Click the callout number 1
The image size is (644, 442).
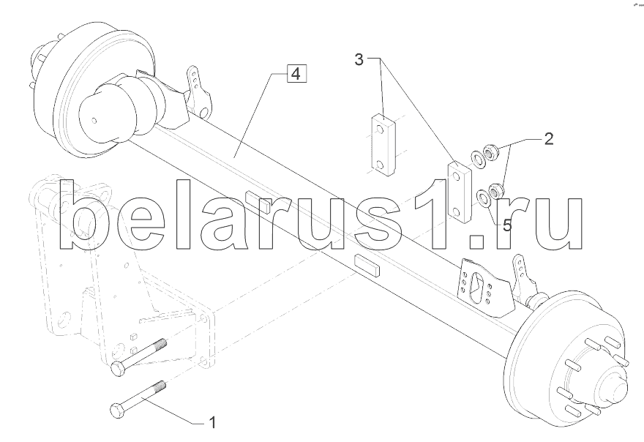[212, 422]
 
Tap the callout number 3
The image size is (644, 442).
[359, 60]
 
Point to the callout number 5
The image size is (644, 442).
[507, 223]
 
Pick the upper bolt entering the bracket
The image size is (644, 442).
[139, 359]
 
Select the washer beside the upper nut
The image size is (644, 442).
[476, 157]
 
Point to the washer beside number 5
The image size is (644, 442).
[482, 197]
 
